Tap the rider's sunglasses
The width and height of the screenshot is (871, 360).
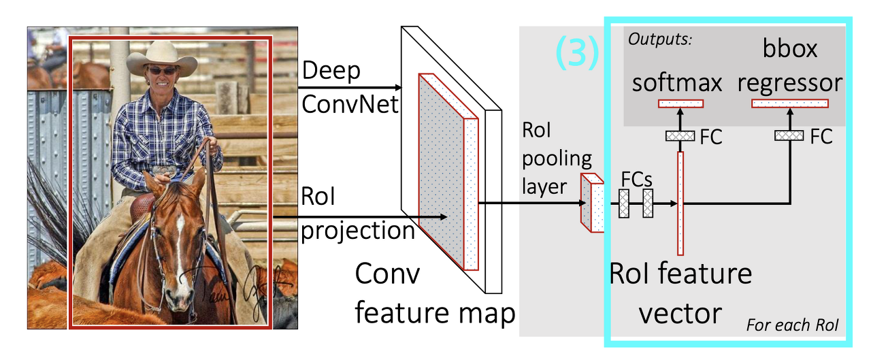click(162, 71)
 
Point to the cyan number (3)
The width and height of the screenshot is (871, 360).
click(577, 53)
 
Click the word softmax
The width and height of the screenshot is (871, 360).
click(677, 83)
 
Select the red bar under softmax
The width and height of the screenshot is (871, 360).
click(680, 103)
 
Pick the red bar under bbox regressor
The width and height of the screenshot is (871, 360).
click(790, 103)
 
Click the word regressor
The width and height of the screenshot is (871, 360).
click(790, 83)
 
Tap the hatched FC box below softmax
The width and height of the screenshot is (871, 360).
click(679, 136)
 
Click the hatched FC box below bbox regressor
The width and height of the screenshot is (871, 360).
click(789, 136)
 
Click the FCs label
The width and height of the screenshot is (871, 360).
click(637, 178)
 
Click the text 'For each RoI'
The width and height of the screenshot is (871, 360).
click(793, 325)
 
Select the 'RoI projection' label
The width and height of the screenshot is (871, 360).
click(357, 216)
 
